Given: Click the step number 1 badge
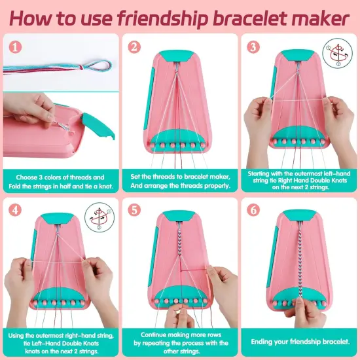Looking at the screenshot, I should [x=15, y=47].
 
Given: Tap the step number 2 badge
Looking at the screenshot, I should [x=135, y=47].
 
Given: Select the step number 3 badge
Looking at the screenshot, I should [x=254, y=47].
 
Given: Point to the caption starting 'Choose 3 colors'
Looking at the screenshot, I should [x=60, y=181].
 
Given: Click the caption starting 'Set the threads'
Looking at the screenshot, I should [x=179, y=181].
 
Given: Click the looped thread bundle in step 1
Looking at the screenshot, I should [x=72, y=65].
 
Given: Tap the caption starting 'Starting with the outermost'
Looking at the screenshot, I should [x=300, y=181].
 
